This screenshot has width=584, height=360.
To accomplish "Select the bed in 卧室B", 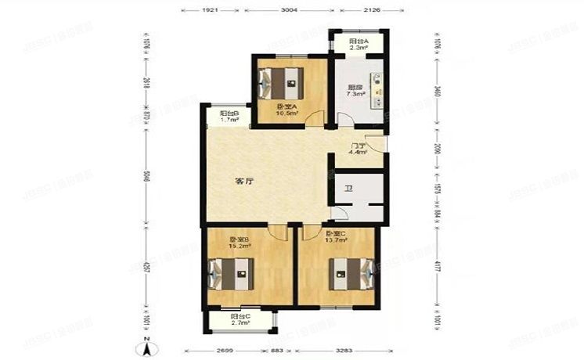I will (x=235, y=274).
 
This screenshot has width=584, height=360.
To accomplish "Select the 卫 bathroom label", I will (x=349, y=188).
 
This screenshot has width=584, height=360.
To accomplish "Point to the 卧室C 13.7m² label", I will (x=337, y=237).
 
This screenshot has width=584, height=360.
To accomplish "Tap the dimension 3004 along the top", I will (x=290, y=11).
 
